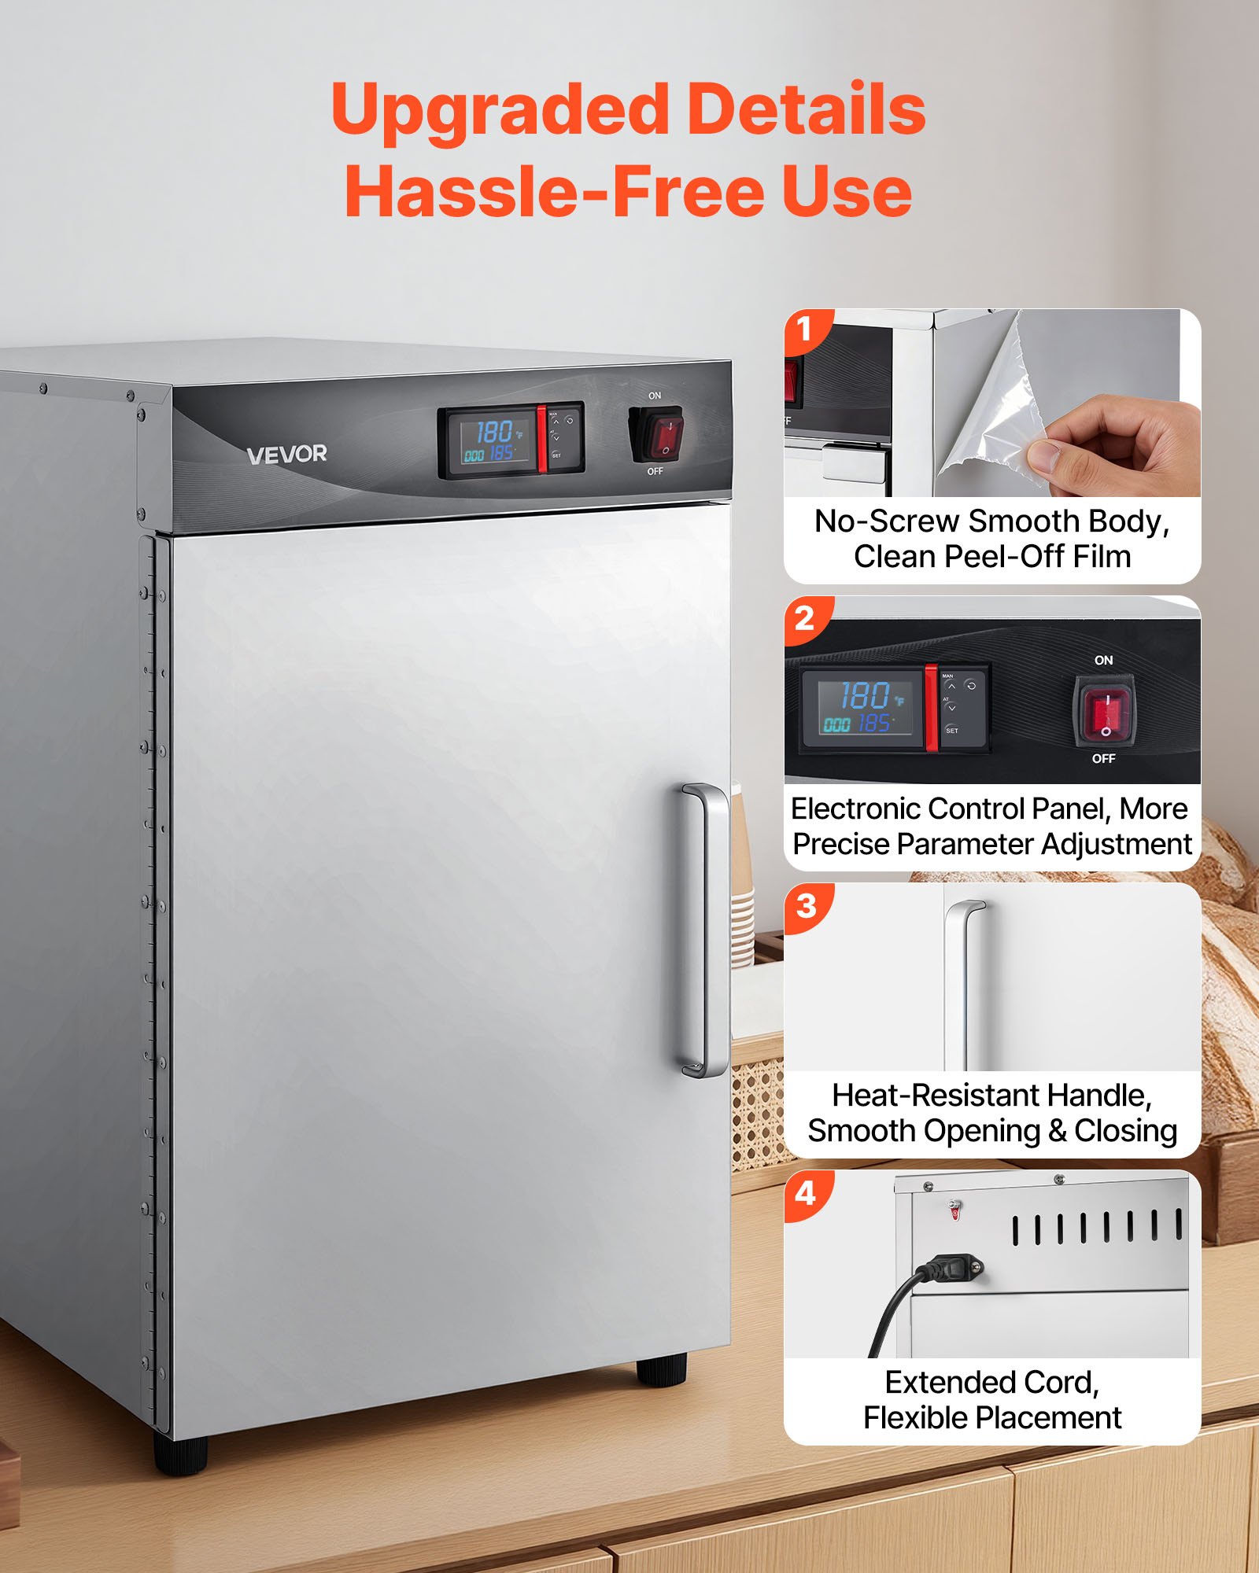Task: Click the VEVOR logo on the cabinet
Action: [286, 455]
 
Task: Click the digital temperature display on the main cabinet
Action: [493, 441]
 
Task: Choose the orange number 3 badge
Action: [806, 906]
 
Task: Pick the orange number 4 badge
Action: [805, 1194]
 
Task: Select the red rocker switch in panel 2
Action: [1104, 713]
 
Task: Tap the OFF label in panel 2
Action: [1103, 759]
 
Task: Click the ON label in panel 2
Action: [1103, 661]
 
